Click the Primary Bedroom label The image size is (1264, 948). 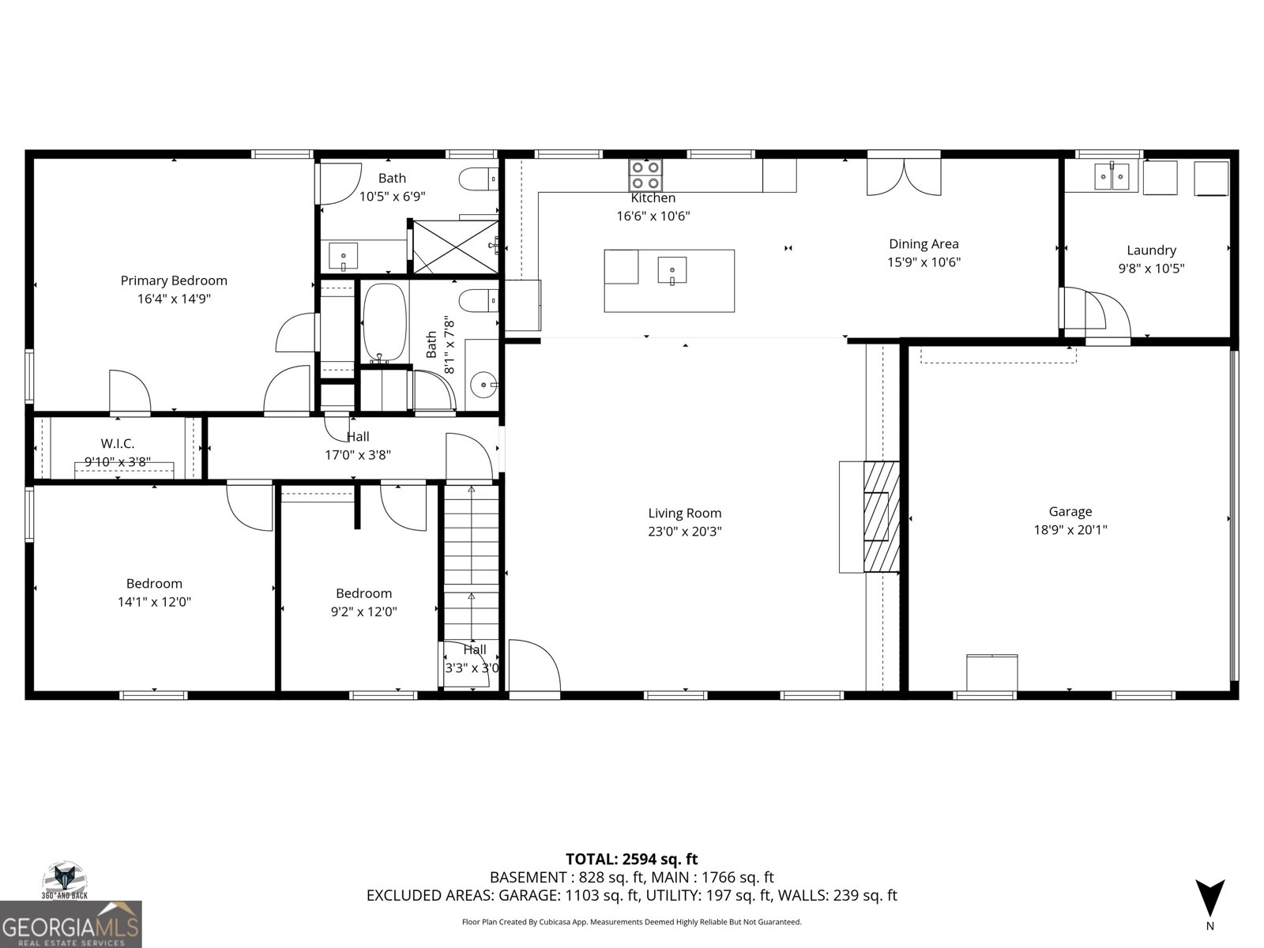click(174, 280)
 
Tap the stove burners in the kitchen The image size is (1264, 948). click(645, 171)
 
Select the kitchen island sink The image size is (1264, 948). click(671, 269)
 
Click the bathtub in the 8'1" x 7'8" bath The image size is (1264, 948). click(384, 322)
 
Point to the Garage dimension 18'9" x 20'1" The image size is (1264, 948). click(1070, 530)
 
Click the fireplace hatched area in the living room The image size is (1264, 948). click(881, 517)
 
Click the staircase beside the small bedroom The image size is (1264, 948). click(471, 561)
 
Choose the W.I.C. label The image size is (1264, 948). click(118, 444)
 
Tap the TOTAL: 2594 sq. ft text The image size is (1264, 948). click(631, 859)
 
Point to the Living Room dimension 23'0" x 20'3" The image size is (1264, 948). click(685, 532)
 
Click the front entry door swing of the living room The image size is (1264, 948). click(533, 668)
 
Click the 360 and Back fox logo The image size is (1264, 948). click(64, 879)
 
